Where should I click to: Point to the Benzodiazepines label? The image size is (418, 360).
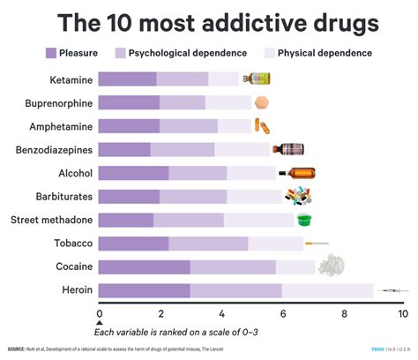pos(49,149)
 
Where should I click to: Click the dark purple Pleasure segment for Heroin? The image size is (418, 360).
pos(143,290)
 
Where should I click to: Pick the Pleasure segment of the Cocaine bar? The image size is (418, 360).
pos(143,266)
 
